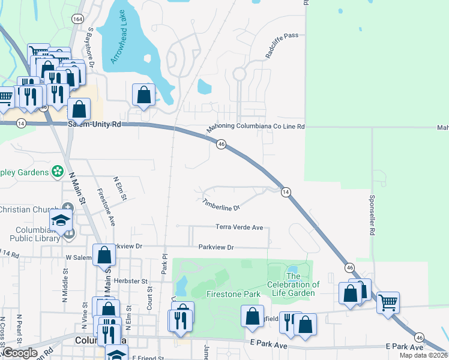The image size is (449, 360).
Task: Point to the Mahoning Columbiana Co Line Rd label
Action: [256, 127]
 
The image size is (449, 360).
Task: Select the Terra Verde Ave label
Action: [240, 227]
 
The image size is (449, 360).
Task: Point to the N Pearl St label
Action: [19, 324]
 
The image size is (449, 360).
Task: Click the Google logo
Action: [20, 353]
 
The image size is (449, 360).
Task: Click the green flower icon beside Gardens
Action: [58, 172]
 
